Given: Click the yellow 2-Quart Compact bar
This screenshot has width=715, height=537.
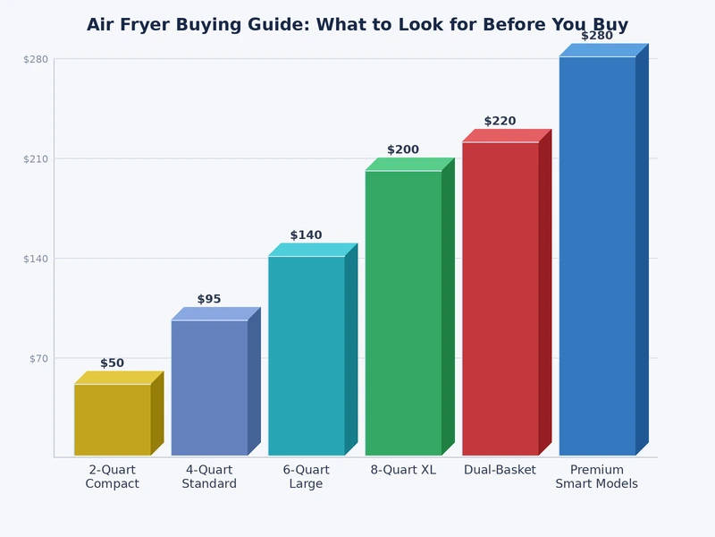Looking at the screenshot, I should tap(113, 420).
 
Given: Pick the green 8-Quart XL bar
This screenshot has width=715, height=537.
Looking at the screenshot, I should tap(403, 312).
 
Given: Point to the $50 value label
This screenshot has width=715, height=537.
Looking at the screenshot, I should tap(113, 363).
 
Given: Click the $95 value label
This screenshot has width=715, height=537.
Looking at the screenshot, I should tap(209, 300).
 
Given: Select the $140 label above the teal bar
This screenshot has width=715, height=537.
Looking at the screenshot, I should tap(306, 235).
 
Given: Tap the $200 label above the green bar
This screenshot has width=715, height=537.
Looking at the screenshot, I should tap(403, 150).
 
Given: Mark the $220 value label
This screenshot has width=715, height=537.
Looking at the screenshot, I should tap(500, 122).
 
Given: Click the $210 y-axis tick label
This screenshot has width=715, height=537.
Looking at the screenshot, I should tap(35, 158).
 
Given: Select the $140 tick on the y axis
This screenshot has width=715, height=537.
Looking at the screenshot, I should tap(35, 259).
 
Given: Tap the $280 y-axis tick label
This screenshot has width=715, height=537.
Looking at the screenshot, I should tap(35, 59).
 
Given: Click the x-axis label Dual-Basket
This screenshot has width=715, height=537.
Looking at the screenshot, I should tap(500, 470).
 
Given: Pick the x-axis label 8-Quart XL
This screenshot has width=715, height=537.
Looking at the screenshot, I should tap(403, 470).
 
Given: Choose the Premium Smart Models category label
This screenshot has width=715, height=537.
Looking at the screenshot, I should tap(597, 477).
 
